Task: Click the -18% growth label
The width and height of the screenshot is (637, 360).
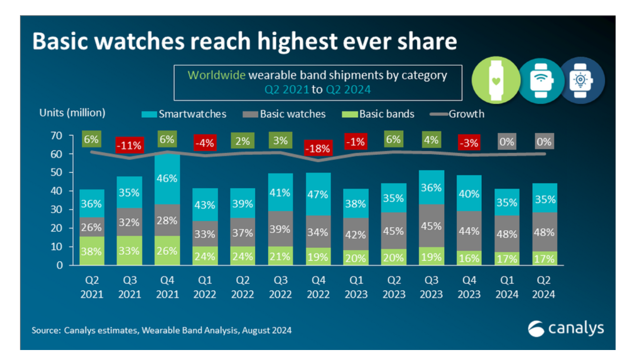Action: [318, 148]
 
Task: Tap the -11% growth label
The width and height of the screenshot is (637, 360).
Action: [130, 146]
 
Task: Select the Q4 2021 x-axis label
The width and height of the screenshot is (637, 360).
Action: [167, 287]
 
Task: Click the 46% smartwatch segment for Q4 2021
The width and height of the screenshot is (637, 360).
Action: [167, 179]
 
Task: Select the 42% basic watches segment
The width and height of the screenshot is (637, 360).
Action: [356, 234]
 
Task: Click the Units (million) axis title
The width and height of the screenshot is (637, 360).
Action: [72, 113]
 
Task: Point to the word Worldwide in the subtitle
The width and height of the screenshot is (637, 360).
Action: [216, 75]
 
